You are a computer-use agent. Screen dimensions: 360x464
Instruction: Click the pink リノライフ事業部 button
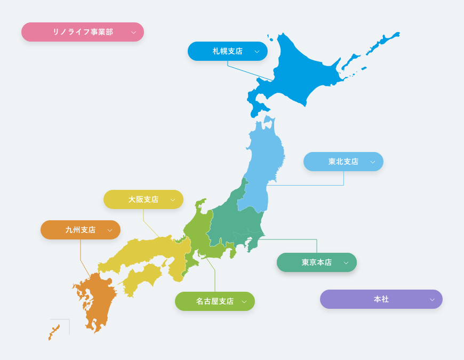pos(82,32)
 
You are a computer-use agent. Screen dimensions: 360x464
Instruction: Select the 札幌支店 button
pos(227,51)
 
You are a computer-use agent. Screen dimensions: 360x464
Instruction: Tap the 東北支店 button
pos(343,162)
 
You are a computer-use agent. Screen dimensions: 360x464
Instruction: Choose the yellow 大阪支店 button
pos(143,199)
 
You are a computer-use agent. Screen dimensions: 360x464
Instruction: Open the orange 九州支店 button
pos(80,230)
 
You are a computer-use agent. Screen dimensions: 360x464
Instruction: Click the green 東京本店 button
pos(316,262)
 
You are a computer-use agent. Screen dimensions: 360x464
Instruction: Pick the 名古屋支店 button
pos(214,301)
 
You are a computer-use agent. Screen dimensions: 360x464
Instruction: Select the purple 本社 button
pos(381,299)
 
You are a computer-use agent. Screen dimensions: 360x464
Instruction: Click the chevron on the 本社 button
pos(432,300)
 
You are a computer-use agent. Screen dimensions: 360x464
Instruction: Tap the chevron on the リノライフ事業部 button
pos(133,33)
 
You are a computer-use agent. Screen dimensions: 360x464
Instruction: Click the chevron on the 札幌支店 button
pos(257,52)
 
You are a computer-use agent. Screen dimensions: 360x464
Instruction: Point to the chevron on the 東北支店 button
pos(373,162)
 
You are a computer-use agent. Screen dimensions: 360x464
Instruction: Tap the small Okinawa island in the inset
pos(54,332)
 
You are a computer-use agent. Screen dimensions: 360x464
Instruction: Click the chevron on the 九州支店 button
pos(110,230)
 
